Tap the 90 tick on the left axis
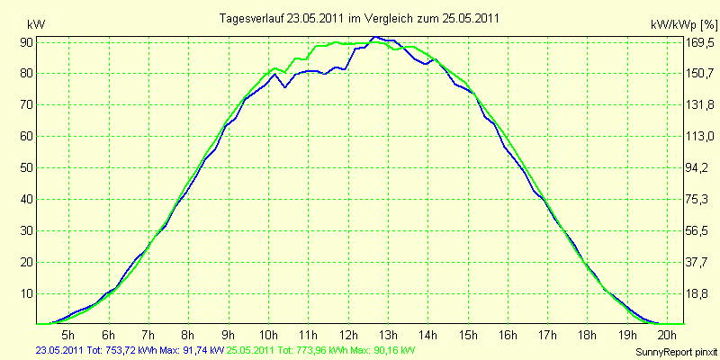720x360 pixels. point(26,42)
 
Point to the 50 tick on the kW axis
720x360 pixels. point(26,167)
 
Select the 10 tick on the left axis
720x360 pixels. point(26,293)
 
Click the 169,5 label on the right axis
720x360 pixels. point(700,43)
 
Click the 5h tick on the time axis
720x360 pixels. point(68,333)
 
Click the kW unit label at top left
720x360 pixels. point(36,25)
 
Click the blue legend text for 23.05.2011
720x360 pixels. point(130,350)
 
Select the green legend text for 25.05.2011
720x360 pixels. point(317,350)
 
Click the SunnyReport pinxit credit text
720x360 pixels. point(677,352)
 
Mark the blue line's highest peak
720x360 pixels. point(375,37)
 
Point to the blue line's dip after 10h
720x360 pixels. point(284,86)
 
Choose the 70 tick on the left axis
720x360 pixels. point(26,104)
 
